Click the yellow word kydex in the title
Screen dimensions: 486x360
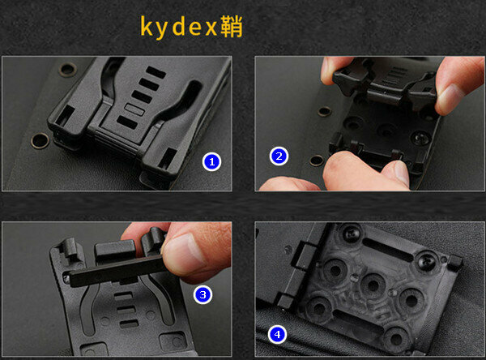click(x=178, y=28)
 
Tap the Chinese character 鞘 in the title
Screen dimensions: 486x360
click(x=232, y=27)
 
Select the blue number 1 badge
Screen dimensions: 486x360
click(x=211, y=161)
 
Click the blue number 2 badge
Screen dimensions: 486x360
click(x=279, y=156)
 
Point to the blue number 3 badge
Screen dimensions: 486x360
click(x=202, y=294)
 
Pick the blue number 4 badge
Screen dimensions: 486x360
click(x=277, y=334)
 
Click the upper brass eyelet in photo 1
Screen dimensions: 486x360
click(x=68, y=70)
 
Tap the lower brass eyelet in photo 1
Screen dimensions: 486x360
click(x=40, y=140)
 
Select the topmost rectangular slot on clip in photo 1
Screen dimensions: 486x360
click(x=156, y=72)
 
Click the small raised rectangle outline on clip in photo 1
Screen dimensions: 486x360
click(x=134, y=109)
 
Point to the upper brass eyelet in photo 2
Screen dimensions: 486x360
click(x=325, y=111)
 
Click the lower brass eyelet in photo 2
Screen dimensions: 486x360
click(x=317, y=161)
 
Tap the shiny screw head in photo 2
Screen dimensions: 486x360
click(x=420, y=138)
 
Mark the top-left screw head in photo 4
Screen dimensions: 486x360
click(x=352, y=234)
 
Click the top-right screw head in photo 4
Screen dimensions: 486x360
click(x=426, y=261)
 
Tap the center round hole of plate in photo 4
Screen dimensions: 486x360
click(x=373, y=285)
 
